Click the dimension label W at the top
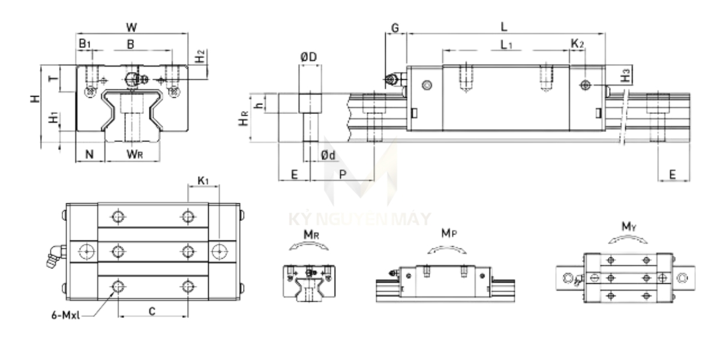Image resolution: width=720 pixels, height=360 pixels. tap(131, 28)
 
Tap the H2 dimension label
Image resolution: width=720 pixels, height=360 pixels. tap(201, 58)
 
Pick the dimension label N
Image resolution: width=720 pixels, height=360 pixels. tap(89, 154)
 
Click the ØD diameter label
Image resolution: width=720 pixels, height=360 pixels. tap(309, 57)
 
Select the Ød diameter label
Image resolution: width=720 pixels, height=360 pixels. tap(328, 155)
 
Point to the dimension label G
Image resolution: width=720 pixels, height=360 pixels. tap(394, 28)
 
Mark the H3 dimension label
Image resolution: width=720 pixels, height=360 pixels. tap(626, 76)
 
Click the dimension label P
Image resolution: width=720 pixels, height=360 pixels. tap(342, 173)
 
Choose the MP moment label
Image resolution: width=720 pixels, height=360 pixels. tap(446, 232)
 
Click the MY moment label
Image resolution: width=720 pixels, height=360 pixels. tap(628, 226)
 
